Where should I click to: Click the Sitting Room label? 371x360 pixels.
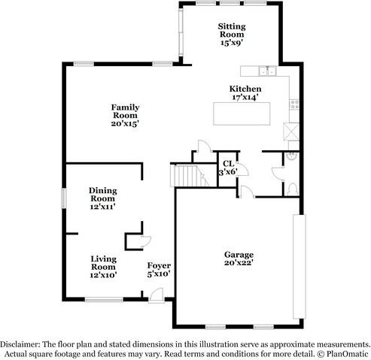[232, 34]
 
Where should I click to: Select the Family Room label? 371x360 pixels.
[124, 115]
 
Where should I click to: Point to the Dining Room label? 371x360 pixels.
[102, 198]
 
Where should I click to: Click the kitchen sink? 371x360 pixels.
[264, 71]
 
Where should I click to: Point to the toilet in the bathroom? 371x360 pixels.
[290, 159]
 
